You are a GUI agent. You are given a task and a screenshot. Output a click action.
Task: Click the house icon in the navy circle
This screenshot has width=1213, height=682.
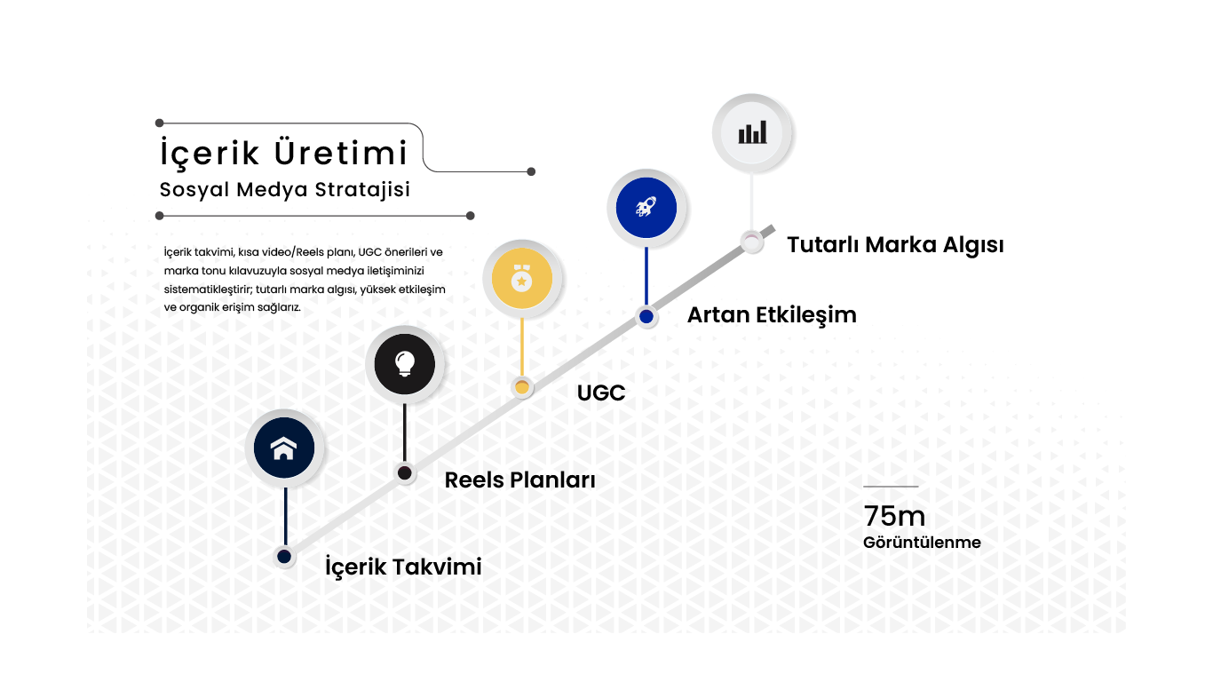284,448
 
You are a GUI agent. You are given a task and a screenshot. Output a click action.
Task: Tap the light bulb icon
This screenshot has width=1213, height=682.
405,363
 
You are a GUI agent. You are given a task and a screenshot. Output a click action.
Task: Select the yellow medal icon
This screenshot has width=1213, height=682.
521,279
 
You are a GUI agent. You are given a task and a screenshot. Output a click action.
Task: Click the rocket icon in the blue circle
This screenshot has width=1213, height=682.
646,207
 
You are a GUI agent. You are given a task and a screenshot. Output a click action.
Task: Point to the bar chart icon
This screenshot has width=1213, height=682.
752,132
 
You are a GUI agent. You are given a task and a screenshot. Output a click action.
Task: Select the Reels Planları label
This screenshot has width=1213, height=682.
519,480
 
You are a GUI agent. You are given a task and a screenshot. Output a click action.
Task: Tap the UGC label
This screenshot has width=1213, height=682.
601,393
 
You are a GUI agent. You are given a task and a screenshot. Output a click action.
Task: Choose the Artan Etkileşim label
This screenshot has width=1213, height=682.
772,315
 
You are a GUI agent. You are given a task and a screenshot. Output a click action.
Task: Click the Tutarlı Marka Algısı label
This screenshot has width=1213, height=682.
895,245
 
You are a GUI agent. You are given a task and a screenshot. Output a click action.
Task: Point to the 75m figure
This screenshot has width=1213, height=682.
894,516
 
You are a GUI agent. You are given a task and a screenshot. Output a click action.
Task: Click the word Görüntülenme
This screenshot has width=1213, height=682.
922,543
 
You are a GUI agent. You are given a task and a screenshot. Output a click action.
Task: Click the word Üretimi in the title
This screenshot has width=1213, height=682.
341,153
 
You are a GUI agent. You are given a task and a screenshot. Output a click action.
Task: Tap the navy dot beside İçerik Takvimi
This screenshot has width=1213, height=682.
284,556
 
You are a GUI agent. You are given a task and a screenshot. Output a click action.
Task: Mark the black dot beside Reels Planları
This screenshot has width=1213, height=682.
405,473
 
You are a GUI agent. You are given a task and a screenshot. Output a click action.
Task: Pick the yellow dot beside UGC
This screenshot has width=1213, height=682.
521,387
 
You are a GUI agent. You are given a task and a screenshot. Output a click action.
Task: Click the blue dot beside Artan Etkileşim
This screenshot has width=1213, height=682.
646,316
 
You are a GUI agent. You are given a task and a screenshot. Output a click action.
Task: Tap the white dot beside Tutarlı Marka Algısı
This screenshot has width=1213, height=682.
751,242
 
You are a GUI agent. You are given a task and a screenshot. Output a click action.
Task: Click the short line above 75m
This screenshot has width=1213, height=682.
891,487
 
